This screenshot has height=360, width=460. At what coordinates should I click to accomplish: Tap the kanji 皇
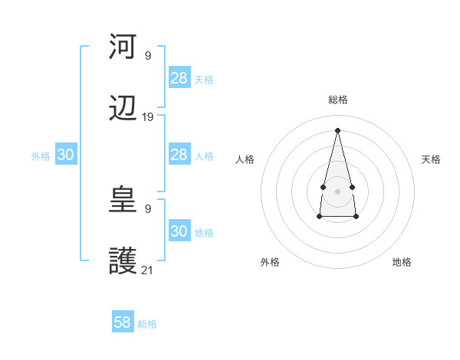[x=123, y=200]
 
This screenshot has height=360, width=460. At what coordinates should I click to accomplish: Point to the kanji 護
[x=123, y=261]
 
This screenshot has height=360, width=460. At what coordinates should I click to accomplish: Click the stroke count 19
[x=148, y=117]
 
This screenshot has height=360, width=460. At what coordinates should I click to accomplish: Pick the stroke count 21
[x=148, y=270]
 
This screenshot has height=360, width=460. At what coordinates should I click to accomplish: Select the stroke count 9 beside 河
[x=148, y=55]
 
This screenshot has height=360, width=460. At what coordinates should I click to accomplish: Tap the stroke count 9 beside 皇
[x=148, y=208]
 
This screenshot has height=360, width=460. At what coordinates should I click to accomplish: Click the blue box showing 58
[x=123, y=322]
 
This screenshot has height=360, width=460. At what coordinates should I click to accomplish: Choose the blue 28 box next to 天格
[x=179, y=78]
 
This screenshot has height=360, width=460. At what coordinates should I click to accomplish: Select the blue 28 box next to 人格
[x=179, y=155]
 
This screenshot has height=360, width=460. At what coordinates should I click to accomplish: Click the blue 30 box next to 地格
[x=179, y=231]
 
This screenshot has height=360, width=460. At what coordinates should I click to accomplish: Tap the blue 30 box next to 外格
[x=66, y=155]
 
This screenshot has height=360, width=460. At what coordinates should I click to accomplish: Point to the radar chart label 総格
[x=337, y=100]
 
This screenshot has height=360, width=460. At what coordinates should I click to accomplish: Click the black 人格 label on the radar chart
[x=245, y=159]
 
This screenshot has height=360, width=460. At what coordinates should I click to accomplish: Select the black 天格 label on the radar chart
[x=431, y=159]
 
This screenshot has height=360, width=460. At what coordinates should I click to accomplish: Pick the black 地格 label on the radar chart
[x=402, y=262]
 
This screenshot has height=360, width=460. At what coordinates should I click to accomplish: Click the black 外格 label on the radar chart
[x=270, y=262]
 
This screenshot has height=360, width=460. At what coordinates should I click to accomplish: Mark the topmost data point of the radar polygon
[x=337, y=129]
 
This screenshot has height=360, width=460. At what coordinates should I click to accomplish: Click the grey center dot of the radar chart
[x=337, y=190]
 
